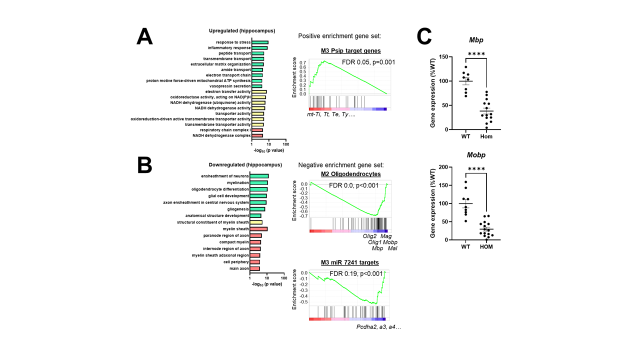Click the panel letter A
click(144, 37)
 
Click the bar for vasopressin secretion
click(257, 86)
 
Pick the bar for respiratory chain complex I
click(257, 130)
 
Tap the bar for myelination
click(259, 183)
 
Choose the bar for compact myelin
click(255, 242)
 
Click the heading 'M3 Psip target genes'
click(350, 50)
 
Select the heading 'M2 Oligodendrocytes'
click(350, 174)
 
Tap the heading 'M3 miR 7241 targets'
click(350, 262)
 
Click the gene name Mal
click(392, 248)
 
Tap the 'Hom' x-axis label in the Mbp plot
click(486, 136)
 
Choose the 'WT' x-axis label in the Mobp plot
click(465, 247)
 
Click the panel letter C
click(425, 37)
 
